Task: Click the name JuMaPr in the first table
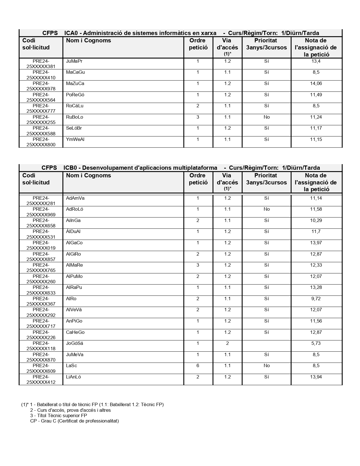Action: pos(74,61)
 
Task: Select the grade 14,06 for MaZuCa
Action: pos(316,83)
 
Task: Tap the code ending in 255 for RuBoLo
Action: pos(41,120)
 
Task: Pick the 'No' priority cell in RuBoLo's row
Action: pos(267,117)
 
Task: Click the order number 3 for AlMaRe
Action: pos(198,265)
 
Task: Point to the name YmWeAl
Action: pos(75,139)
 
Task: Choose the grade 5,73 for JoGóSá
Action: pos(316,343)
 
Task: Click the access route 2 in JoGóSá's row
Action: pos(227,343)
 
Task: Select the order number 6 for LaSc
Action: pos(198,365)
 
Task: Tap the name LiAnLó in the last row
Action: pos(73,377)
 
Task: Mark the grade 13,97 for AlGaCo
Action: pos(316,243)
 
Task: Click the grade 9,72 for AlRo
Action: pos(316,299)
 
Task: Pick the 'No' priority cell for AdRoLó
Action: pos(267,209)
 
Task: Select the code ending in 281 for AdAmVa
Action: pos(41,201)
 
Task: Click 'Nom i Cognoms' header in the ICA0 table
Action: pos(88,40)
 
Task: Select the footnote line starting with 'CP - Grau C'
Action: pos(74,421)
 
